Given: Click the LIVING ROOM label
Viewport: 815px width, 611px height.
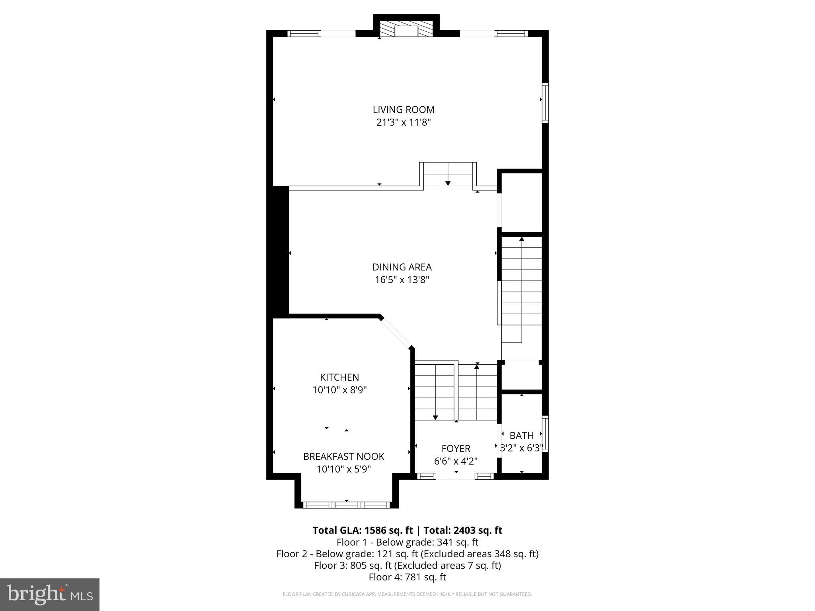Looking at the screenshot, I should pyautogui.click(x=404, y=109).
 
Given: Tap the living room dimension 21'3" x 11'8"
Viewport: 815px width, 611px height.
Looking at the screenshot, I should pyautogui.click(x=404, y=122).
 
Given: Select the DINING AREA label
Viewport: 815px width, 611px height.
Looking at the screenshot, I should pyautogui.click(x=402, y=267).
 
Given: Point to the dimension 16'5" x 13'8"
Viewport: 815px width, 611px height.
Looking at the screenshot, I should pyautogui.click(x=402, y=280).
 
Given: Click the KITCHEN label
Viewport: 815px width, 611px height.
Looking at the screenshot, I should pyautogui.click(x=339, y=377).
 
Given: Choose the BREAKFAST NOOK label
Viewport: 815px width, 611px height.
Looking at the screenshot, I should pyautogui.click(x=343, y=456).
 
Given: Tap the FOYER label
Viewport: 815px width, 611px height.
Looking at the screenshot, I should pyautogui.click(x=456, y=448).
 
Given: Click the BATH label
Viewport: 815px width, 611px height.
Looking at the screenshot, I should pyautogui.click(x=521, y=435).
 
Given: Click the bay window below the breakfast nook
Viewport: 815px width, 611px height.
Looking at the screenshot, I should pyautogui.click(x=346, y=505).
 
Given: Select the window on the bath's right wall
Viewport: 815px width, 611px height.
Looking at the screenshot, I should pyautogui.click(x=546, y=433).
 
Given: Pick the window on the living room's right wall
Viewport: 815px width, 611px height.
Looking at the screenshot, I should pyautogui.click(x=545, y=102).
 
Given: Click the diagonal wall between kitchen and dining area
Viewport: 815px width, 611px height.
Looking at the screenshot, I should pyautogui.click(x=396, y=333).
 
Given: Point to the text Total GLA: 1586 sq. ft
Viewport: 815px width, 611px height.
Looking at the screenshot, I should pyautogui.click(x=363, y=530).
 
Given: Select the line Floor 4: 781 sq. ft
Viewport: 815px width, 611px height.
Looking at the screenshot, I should pyautogui.click(x=407, y=577).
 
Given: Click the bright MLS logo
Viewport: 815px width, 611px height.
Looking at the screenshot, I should pyautogui.click(x=50, y=594).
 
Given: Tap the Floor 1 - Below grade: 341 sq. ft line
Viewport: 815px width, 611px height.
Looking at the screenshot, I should pyautogui.click(x=407, y=542).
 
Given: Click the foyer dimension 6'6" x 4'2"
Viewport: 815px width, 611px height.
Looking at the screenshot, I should pyautogui.click(x=456, y=461).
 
